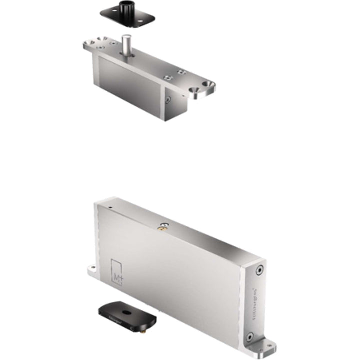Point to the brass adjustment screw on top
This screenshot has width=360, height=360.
(162, 228)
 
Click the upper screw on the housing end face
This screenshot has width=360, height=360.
(258, 270)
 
